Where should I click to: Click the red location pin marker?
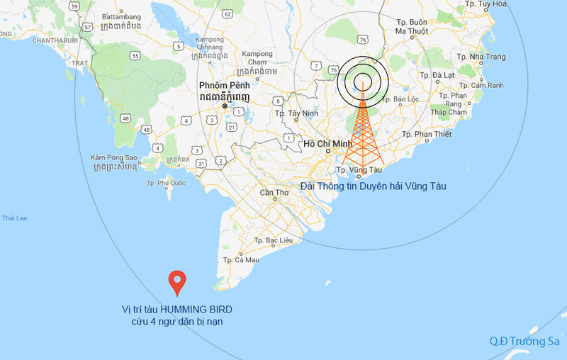click(x=177, y=282)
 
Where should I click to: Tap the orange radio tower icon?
click(x=362, y=128)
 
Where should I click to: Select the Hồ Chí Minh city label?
click(x=327, y=144)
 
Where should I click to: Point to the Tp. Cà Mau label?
click(x=242, y=260)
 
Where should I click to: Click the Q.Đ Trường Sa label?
click(x=524, y=341)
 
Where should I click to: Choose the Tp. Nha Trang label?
click(x=481, y=57)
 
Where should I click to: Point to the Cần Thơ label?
click(x=274, y=193)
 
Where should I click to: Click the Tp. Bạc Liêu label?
click(x=273, y=241)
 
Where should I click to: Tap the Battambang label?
click(x=122, y=16)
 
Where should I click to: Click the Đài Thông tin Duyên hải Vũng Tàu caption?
click(x=373, y=186)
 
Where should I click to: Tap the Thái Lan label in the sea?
click(x=14, y=218)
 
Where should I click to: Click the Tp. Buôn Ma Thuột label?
click(x=411, y=26)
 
